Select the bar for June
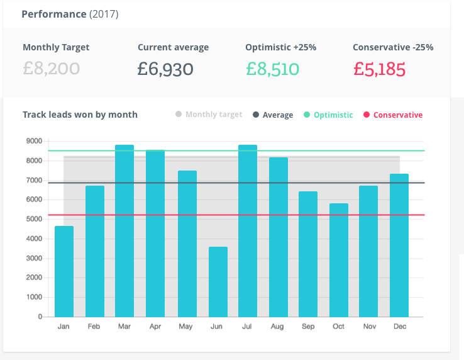coord(218,282)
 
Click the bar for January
coord(64,271)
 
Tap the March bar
coord(124,231)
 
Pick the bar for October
coord(338,260)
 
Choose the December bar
coord(399,245)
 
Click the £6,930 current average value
coord(165,69)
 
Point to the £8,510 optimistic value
coord(272,69)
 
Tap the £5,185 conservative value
coord(379,69)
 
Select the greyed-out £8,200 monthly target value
coord(51,69)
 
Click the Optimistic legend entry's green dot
coord(307,115)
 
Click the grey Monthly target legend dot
coord(179,115)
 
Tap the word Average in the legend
coord(278,115)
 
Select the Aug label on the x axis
coord(278,327)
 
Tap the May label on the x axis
coord(186,327)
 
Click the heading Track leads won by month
coord(80,115)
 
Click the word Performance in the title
coord(53,14)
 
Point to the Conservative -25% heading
coord(393,47)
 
